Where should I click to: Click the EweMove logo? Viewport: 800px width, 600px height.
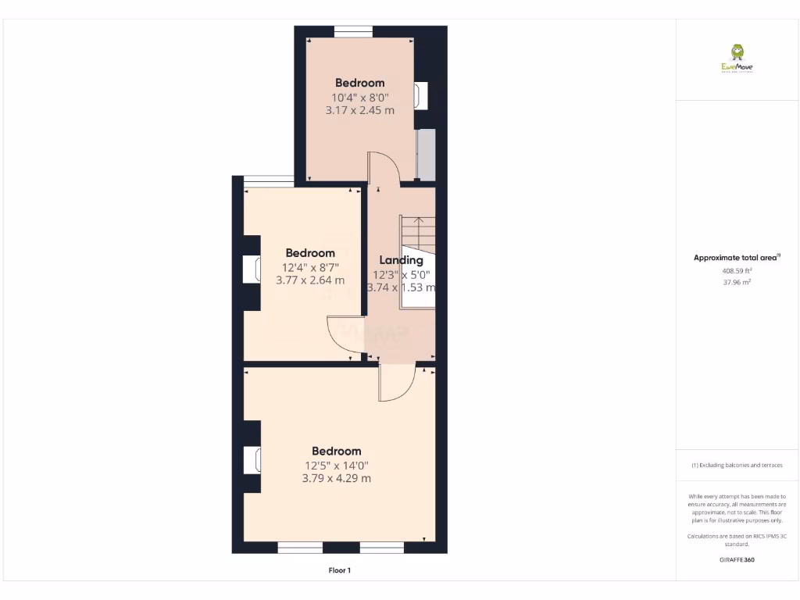(737, 59)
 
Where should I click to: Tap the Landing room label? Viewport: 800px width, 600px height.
(401, 260)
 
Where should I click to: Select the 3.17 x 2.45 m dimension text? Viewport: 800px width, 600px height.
(359, 110)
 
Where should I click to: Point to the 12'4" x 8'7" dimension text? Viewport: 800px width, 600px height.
(309, 266)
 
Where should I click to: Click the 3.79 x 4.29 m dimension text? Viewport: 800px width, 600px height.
(336, 478)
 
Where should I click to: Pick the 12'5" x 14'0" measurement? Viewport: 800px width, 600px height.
(336, 465)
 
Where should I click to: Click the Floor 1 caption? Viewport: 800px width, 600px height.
(339, 571)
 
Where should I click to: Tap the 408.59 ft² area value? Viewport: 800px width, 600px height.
(737, 271)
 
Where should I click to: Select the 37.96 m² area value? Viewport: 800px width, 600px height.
(737, 283)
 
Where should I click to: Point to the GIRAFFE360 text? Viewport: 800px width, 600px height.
(737, 559)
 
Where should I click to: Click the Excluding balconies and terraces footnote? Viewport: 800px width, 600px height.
(737, 465)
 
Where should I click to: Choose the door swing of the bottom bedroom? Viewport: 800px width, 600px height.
(397, 383)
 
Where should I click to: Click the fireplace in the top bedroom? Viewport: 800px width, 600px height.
(421, 95)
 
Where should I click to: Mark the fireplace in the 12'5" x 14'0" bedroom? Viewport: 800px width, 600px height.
(252, 459)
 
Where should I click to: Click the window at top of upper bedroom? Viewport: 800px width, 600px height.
(353, 31)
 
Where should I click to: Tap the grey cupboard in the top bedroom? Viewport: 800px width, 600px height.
(425, 155)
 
